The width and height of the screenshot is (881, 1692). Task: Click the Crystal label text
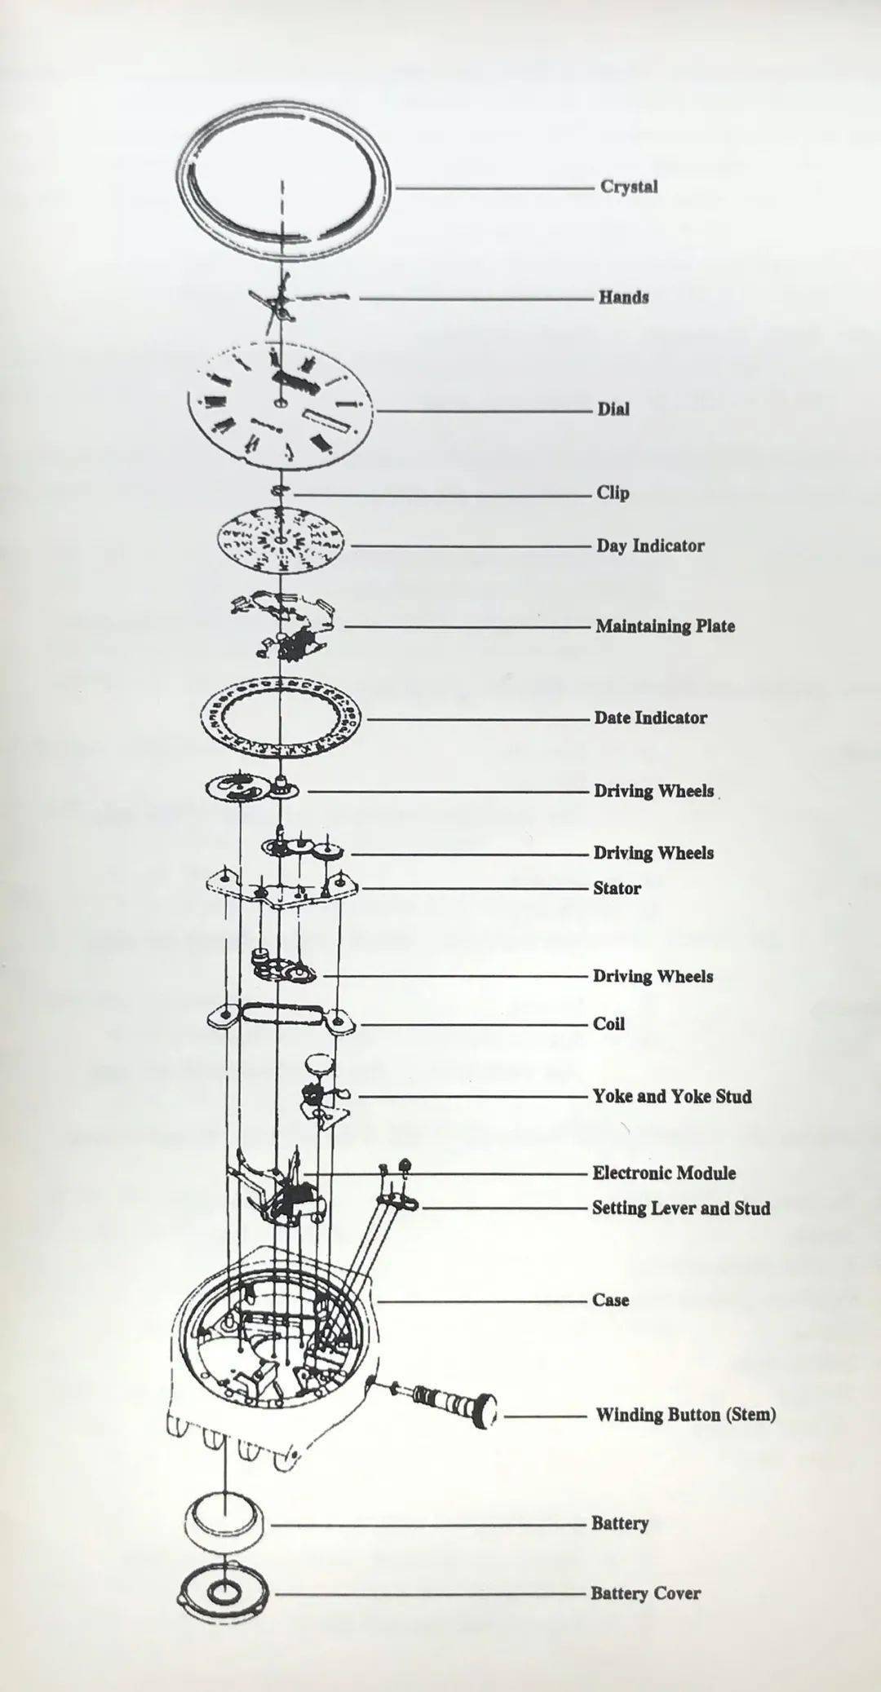pos(629,187)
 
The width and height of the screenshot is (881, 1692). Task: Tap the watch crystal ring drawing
pos(283,181)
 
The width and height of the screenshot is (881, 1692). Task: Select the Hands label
pos(624,297)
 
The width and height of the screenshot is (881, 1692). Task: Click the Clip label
pos(613,493)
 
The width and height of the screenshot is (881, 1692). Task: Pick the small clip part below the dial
pos(281,489)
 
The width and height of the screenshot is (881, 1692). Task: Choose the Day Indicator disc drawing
pos(281,539)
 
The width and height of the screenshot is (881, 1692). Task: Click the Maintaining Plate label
pos(665,626)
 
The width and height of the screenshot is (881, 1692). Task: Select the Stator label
pos(617,888)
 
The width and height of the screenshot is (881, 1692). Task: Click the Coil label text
pos(609,1023)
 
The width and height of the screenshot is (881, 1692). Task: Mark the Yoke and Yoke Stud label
pos(672,1096)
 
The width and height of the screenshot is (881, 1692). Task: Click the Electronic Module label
pos(664,1173)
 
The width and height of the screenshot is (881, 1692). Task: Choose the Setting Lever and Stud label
pos(681,1208)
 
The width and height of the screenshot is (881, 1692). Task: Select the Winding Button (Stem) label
pos(685,1415)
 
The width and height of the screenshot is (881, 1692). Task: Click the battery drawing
pos(225,1518)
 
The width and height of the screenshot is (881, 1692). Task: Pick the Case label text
pos(611,1300)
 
